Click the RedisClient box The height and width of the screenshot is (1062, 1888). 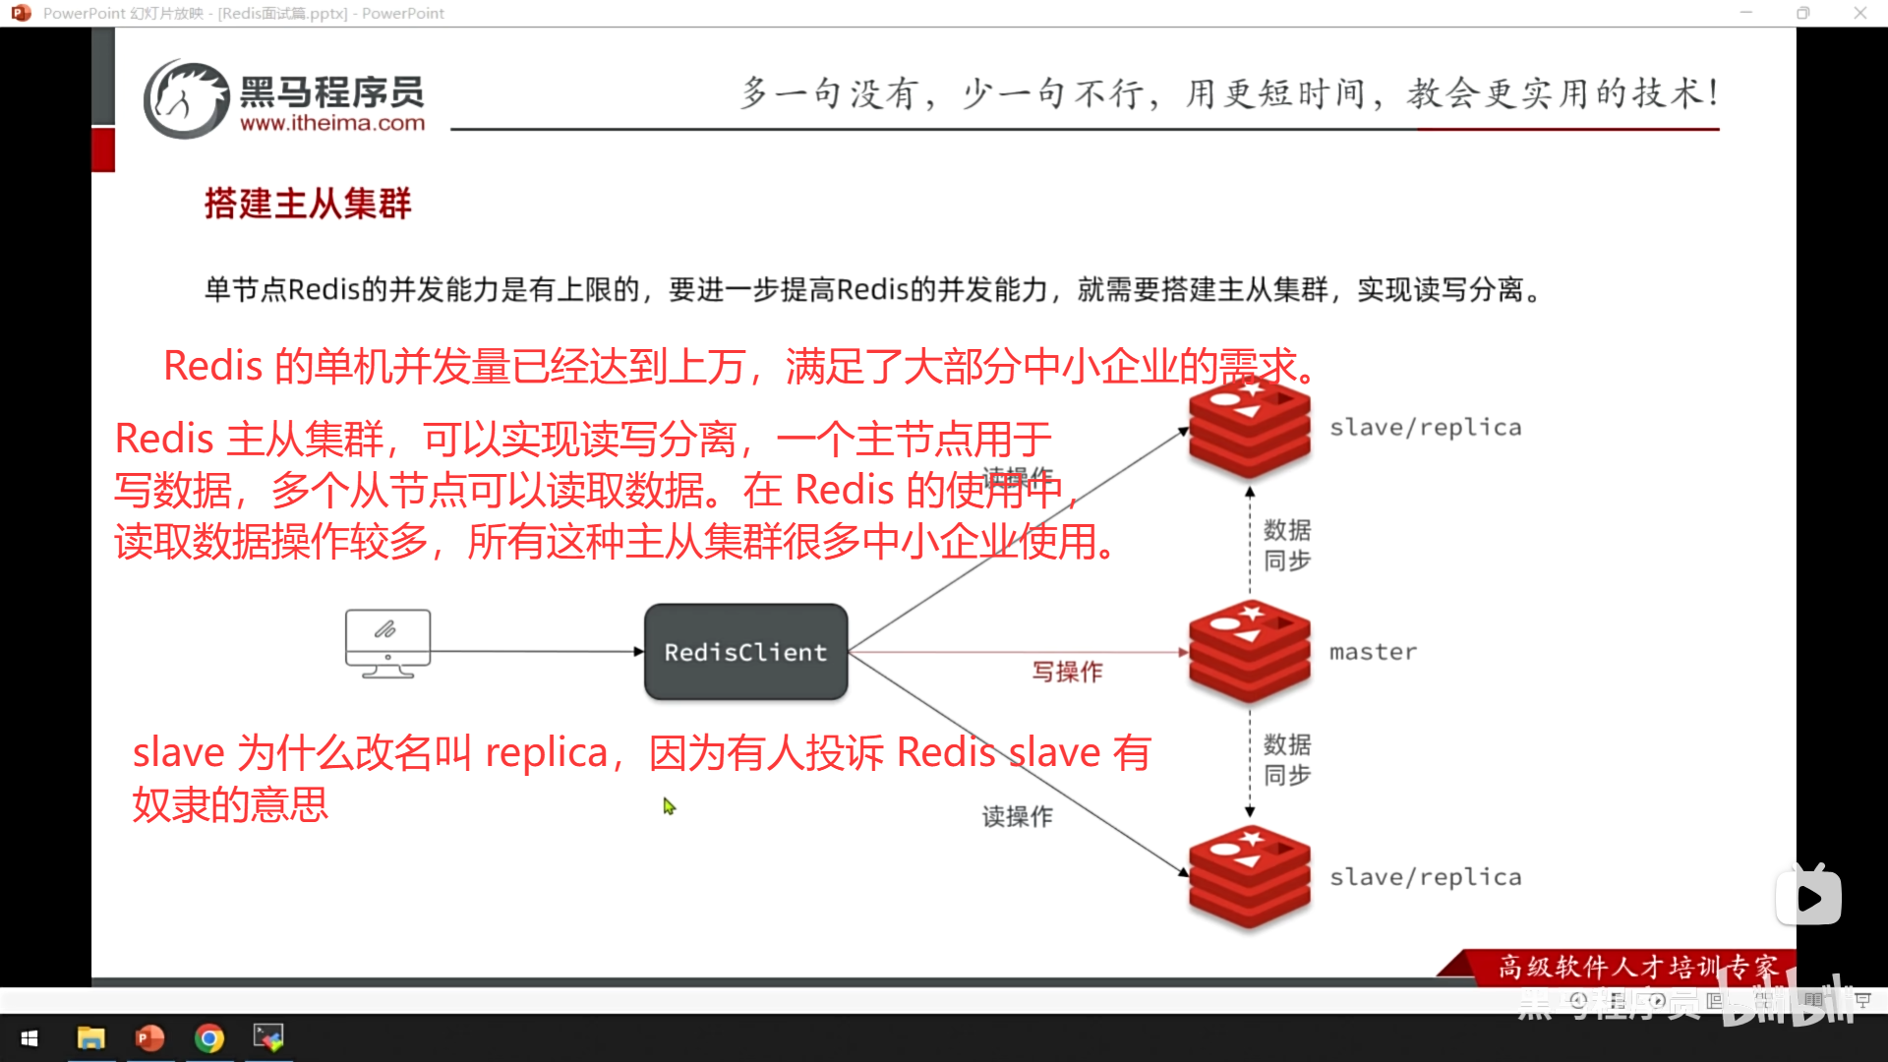coord(745,652)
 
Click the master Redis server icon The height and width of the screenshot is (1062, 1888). coord(1249,652)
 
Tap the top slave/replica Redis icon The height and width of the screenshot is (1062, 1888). coord(1249,428)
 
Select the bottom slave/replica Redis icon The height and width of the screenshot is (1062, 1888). coord(1249,876)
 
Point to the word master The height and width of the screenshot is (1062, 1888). coord(1373,652)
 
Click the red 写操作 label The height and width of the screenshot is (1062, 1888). coord(1067,672)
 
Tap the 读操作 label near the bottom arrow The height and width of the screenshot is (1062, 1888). coord(1017,816)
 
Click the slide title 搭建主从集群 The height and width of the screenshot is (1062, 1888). coord(308,204)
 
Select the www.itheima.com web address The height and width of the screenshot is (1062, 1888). coord(332,124)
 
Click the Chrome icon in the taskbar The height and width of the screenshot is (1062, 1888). coord(209,1038)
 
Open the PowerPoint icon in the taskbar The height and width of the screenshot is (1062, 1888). coord(149,1038)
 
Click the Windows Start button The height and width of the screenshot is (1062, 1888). coord(29,1038)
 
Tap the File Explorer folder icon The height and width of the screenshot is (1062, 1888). coord(90,1038)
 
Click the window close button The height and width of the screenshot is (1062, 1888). coord(1859,13)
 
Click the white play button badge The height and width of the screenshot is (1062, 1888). coord(1808,897)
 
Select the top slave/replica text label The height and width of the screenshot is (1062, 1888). coord(1425,428)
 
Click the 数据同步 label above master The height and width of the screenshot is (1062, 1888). coord(1286,545)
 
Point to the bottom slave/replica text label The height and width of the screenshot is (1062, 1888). coord(1425,877)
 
